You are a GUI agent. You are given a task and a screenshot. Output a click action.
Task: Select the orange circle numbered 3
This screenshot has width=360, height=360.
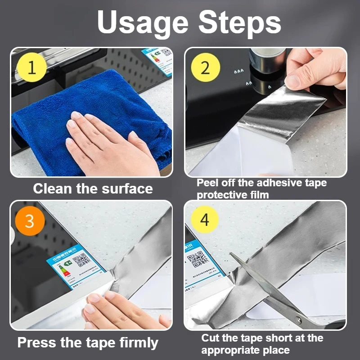pyautogui.click(x=30, y=221)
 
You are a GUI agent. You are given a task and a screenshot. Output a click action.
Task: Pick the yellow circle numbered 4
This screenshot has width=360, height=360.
pyautogui.click(x=205, y=221)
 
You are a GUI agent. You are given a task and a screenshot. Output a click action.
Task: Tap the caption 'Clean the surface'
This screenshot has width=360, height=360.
pyautogui.click(x=93, y=189)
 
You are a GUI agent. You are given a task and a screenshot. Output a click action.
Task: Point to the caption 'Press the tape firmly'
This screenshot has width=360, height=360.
pyautogui.click(x=88, y=343)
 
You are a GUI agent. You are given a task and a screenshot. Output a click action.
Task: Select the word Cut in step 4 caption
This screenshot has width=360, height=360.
pyautogui.click(x=210, y=338)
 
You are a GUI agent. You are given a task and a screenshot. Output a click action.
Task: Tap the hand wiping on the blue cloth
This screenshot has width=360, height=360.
pyautogui.click(x=108, y=144)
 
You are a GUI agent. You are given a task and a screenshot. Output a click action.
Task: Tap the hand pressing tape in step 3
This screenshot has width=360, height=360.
pyautogui.click(x=117, y=310)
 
